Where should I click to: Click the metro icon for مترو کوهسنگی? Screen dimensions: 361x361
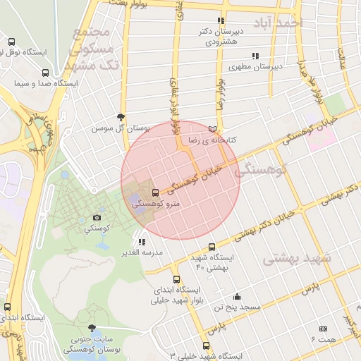(x=155, y=192)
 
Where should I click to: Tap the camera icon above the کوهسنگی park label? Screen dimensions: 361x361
(x=97, y=218)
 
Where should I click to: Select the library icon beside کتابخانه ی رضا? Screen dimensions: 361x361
(x=214, y=129)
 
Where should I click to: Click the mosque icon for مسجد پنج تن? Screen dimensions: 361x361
(x=237, y=296)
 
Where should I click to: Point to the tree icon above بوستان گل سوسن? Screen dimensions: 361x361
(x=121, y=117)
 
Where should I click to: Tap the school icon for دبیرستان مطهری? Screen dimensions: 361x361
(x=255, y=55)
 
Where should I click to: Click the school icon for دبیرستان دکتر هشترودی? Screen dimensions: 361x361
(x=221, y=21)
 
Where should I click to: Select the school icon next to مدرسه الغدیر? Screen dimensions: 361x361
(x=142, y=242)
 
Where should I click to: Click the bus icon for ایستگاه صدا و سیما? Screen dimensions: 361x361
(x=46, y=73)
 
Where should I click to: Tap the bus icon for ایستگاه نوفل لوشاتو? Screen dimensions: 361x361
(x=11, y=42)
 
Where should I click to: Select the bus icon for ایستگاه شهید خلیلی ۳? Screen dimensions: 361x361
(x=206, y=345)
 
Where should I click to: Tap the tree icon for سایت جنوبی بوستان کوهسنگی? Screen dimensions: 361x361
(x=92, y=328)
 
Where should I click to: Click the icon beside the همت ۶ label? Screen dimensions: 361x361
(x=323, y=329)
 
